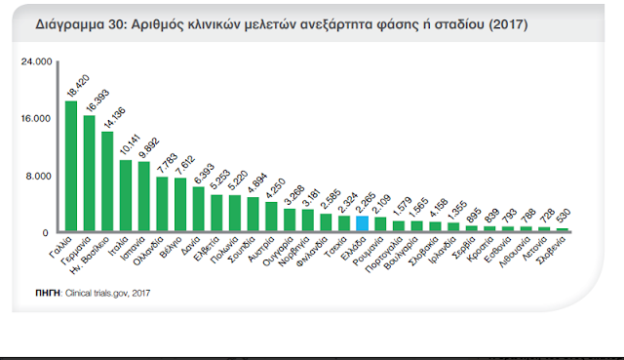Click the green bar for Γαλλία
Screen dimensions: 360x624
tap(70, 166)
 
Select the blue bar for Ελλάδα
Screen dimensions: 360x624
tap(362, 224)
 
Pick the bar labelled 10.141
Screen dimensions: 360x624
tap(126, 196)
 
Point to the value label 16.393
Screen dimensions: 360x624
tap(91, 100)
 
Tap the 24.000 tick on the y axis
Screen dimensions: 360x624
tap(36, 62)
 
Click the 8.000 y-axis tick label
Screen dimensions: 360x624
tap(38, 176)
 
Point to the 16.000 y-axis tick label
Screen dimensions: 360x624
tap(36, 119)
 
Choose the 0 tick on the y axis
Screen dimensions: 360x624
tap(46, 232)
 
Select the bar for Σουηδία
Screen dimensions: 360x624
tap(253, 215)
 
